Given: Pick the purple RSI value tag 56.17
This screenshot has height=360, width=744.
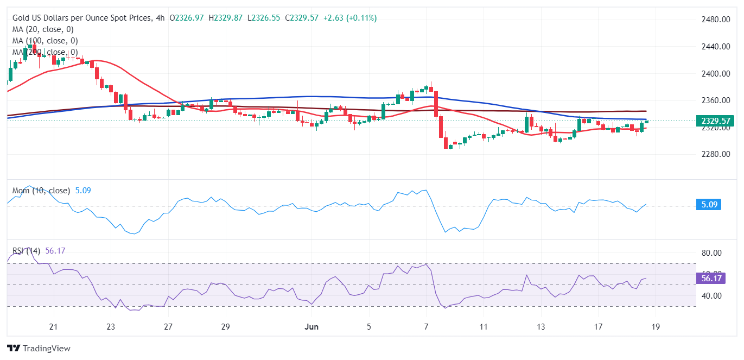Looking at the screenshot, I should (710, 279).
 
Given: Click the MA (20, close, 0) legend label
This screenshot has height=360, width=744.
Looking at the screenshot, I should (43, 29).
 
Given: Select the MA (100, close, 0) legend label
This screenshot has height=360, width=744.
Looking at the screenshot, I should (45, 41).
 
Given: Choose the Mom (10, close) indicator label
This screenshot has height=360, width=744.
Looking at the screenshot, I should (41, 191).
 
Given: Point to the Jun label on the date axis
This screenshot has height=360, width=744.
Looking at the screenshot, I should (311, 327).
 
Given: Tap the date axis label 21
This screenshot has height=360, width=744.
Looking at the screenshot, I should (53, 327).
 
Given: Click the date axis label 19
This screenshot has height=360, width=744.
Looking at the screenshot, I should (655, 327).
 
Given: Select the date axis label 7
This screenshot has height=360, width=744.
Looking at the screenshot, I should (427, 327).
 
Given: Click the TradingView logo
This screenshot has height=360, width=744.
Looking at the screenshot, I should (39, 348).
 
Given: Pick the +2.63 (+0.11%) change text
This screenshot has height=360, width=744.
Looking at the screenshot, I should (349, 18).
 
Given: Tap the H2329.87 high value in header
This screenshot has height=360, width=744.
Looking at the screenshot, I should (226, 18).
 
